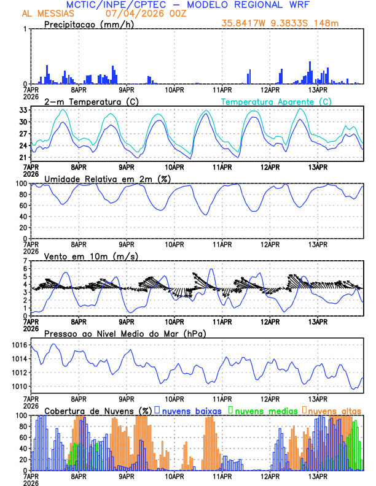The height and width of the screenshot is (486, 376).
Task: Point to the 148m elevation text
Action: [326, 24]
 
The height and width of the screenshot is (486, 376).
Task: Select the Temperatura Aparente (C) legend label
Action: [276, 101]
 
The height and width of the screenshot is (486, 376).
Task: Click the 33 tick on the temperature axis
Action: [23, 110]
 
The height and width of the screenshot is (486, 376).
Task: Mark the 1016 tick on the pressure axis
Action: [19, 345]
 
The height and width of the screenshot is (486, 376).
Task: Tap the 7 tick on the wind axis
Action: [26, 261]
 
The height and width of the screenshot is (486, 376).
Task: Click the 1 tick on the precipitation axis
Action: [26, 29]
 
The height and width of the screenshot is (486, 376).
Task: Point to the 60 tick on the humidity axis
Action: [23, 206]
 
